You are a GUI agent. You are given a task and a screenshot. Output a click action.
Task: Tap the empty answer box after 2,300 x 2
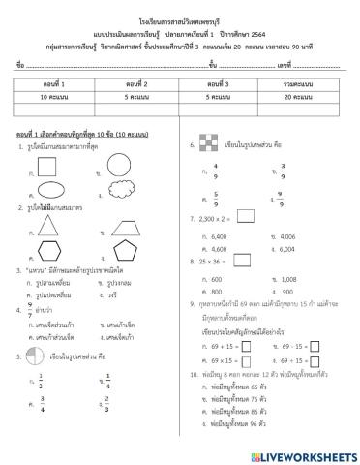(246, 221)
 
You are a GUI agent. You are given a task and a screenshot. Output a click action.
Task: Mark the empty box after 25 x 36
(238, 262)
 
